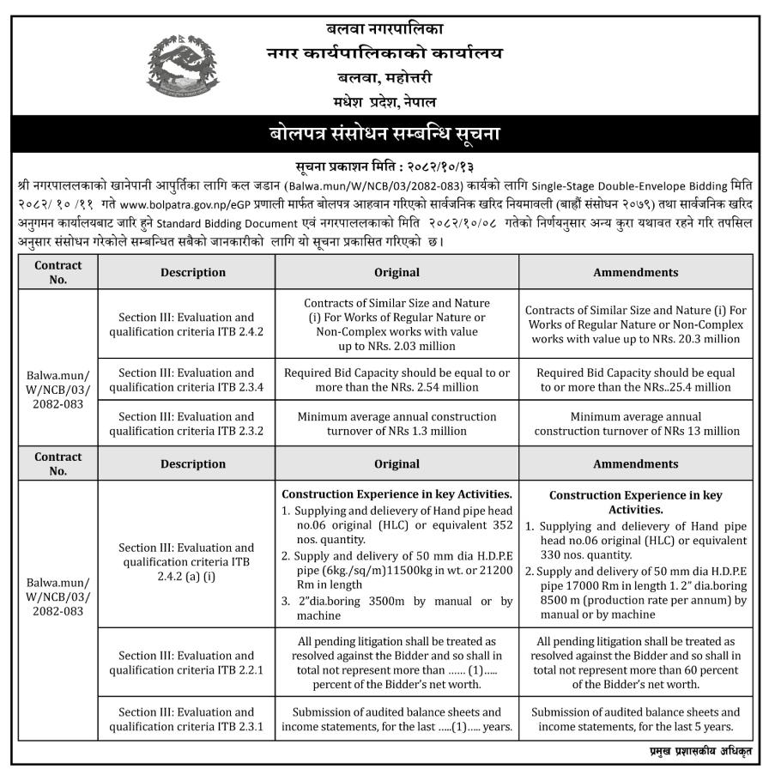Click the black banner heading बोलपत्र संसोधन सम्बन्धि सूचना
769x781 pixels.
[x=384, y=134]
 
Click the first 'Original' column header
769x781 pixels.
[x=397, y=272]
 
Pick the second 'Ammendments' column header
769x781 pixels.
[x=635, y=463]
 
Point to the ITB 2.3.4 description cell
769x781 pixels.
[x=186, y=380]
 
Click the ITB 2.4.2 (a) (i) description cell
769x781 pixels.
[x=186, y=562]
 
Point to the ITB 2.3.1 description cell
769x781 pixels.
[x=186, y=719]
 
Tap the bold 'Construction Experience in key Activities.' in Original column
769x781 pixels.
[x=397, y=494]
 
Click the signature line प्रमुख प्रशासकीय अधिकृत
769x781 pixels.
[x=699, y=752]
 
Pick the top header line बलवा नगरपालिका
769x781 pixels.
[x=383, y=31]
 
